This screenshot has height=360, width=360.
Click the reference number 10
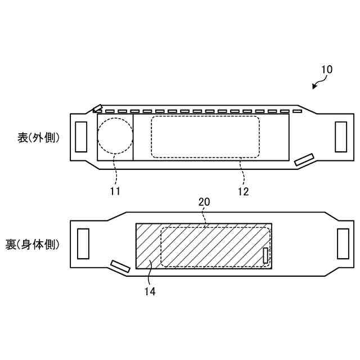point(326,70)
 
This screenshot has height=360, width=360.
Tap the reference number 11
point(115,191)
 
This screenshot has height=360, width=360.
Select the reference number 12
point(243,191)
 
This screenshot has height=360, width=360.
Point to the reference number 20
point(204,202)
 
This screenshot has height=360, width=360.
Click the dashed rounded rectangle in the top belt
point(205,137)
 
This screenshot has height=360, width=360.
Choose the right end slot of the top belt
point(341,137)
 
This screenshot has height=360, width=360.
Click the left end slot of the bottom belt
point(83,244)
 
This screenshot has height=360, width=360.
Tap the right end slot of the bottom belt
point(343,244)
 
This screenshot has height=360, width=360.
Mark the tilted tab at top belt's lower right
point(304,160)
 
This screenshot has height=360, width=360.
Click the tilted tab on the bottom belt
point(120,266)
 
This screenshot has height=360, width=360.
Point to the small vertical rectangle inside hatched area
point(265,255)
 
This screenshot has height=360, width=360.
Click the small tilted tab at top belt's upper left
point(98,108)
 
